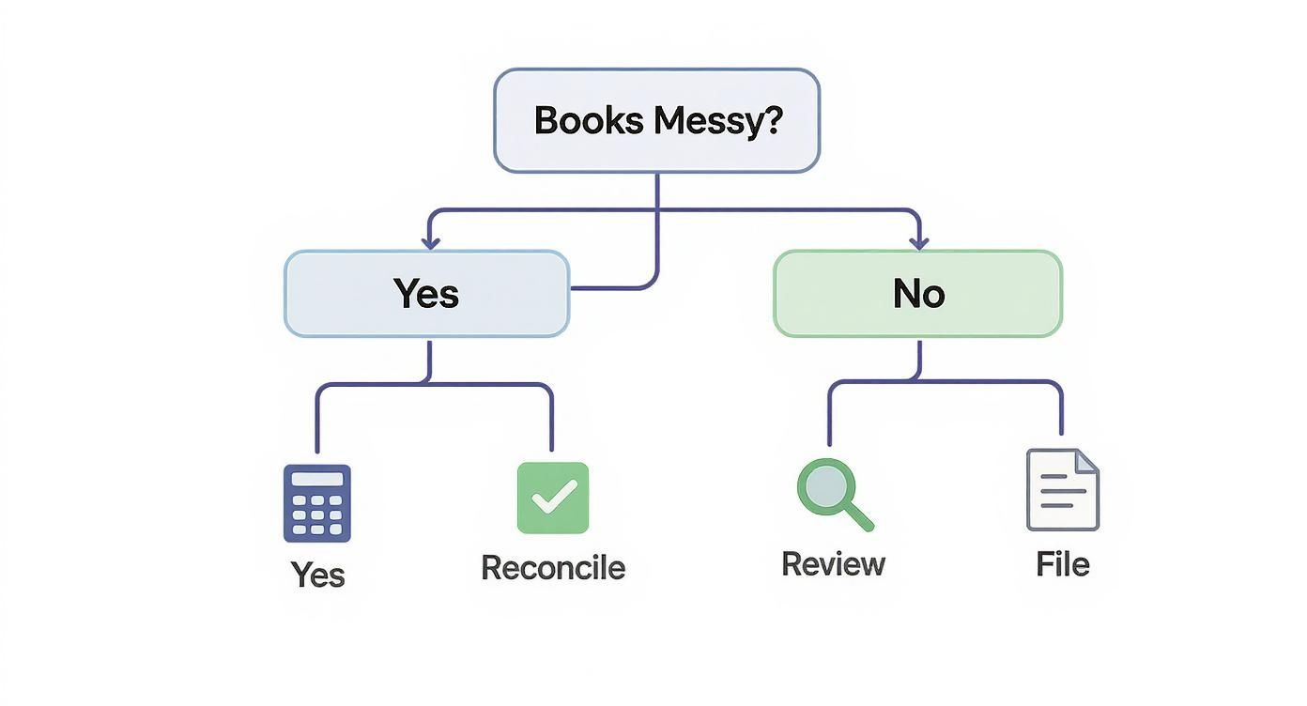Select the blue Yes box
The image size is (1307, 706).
coord(426,293)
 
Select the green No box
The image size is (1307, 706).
coord(917,293)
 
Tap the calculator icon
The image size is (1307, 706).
coord(317,503)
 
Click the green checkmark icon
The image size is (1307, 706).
coord(553,498)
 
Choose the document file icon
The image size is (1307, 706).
coord(1062,490)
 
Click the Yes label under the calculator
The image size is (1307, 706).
coord(317,574)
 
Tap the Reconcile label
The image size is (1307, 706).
coord(553,567)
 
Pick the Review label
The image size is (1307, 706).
coord(833,564)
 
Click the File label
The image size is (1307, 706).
coord(1063,564)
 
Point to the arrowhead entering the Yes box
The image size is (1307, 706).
coord(430,242)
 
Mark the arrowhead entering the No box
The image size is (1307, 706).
coord(918,242)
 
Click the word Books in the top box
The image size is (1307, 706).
coord(588,121)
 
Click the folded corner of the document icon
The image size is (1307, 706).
coord(1086,460)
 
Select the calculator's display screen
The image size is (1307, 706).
coord(317,479)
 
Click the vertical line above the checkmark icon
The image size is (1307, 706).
coord(551,418)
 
